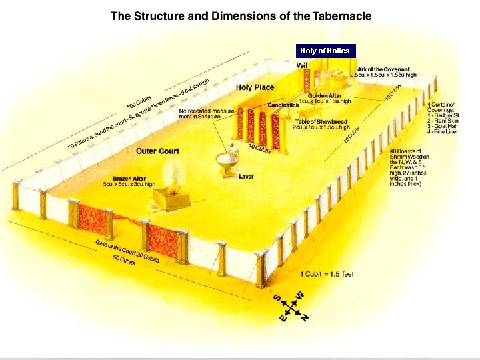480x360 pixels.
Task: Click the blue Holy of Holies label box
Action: pyautogui.click(x=325, y=51)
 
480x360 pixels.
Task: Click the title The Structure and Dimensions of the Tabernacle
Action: pyautogui.click(x=241, y=16)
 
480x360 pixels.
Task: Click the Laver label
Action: pyautogui.click(x=246, y=177)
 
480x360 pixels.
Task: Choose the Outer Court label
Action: pyautogui.click(x=157, y=151)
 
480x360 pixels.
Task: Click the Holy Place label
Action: pyautogui.click(x=255, y=87)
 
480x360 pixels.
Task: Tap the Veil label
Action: pyautogui.click(x=302, y=65)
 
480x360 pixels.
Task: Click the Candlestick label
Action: pyautogui.click(x=283, y=105)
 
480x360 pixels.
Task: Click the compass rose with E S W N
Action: pyautogui.click(x=292, y=306)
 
